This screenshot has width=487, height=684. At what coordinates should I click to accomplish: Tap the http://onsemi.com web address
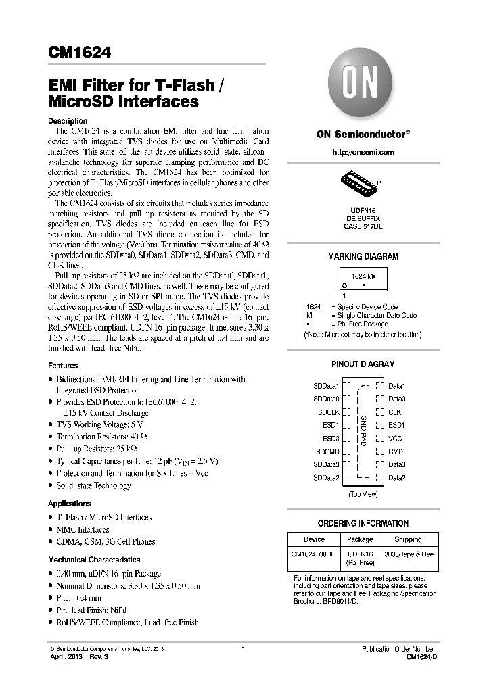pos(363,153)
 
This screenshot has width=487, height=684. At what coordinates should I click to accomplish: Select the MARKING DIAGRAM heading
pos(363,257)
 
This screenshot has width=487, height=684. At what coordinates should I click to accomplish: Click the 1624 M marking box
pos(363,279)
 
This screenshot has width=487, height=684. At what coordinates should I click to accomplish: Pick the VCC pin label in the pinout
pos(396,438)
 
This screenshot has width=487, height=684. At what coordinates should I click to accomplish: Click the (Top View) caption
pos(363,495)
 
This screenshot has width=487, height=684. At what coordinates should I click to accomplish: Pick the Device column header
pos(314,539)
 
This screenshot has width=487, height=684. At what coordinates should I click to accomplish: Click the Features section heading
pos(63,366)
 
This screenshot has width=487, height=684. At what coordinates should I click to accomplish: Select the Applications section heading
pos(69,504)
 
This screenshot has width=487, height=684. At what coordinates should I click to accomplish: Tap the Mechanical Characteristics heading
pos(94,560)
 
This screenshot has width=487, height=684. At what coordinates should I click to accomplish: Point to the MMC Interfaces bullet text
pos(83,530)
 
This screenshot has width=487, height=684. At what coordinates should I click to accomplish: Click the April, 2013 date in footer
pos(67,657)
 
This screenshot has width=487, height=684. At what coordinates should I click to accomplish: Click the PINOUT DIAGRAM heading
pos(363,364)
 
